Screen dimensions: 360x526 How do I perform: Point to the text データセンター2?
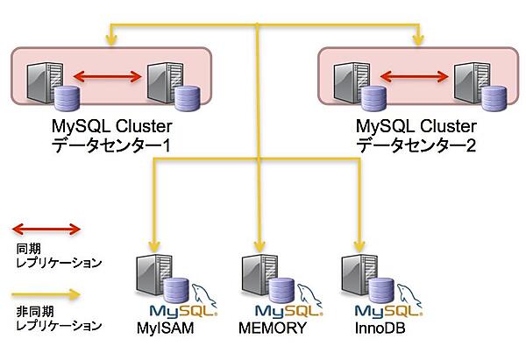(x=416, y=146)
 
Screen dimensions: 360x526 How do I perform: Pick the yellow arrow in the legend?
(x=46, y=293)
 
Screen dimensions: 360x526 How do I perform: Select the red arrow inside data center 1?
(x=108, y=77)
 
